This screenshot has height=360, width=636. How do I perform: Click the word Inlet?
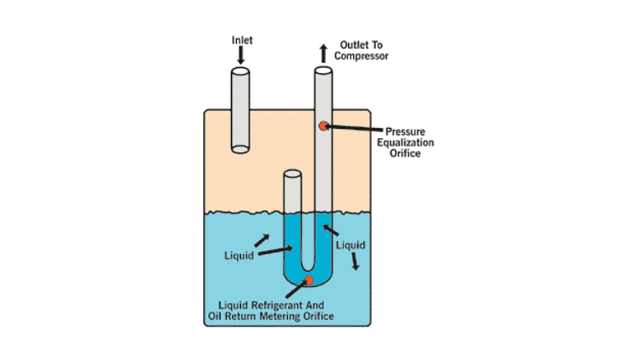(241, 39)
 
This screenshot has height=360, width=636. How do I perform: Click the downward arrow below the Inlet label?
(241, 56)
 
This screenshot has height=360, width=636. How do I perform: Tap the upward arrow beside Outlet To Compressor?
(323, 53)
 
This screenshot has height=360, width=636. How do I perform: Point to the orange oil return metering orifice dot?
(309, 280)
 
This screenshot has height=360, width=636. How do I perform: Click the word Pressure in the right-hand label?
(406, 131)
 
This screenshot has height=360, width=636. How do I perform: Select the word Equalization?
(410, 142)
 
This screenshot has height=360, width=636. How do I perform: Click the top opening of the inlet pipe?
(240, 71)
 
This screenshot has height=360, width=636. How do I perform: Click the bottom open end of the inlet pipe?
(240, 149)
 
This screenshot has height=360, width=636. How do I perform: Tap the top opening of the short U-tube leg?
(292, 174)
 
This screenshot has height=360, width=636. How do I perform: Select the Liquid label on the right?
(350, 245)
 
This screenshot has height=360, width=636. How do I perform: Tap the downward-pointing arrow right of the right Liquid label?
(356, 262)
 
